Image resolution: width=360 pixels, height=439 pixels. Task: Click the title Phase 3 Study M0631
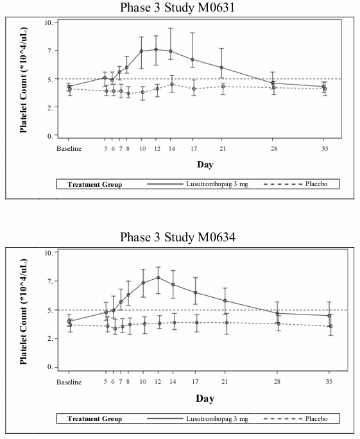point(177,8)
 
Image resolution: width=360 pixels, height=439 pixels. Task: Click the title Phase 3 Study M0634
point(178,237)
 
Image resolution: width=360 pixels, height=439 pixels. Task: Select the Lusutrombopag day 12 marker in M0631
point(156,49)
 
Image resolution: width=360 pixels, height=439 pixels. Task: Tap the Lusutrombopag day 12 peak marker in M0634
point(158,277)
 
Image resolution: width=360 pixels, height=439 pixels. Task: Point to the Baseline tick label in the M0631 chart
point(69,148)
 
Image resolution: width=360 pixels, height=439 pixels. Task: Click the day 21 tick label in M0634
point(225,381)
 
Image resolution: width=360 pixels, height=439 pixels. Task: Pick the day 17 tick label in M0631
point(194,148)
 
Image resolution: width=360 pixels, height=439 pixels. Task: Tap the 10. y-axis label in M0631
point(49,22)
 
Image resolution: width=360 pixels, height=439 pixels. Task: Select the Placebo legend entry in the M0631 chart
point(316,184)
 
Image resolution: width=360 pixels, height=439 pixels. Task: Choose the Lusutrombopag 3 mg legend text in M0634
point(217,419)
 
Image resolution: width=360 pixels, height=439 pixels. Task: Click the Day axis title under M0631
point(205,164)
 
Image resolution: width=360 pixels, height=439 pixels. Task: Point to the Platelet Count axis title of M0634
point(24,312)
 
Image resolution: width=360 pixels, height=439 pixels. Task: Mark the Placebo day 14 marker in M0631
point(172,84)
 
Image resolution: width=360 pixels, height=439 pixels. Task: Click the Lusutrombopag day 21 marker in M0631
point(221,67)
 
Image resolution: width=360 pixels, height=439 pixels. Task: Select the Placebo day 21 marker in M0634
point(227,323)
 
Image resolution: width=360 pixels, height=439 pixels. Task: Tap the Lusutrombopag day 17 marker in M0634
point(195,293)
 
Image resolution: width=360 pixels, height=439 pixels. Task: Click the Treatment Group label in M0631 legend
point(94,184)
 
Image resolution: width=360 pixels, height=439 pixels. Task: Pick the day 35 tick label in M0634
point(329,381)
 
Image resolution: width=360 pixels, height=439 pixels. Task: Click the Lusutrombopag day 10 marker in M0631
point(141,51)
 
